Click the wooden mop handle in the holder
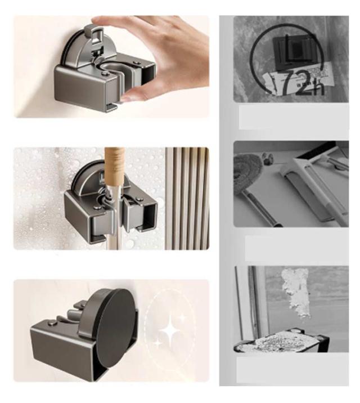tap(115, 167)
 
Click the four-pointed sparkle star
tap(169, 332)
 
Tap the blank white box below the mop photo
tap(297, 248)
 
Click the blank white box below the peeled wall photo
tap(292, 369)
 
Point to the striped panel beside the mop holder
tap(187, 198)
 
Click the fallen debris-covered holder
tap(281, 341)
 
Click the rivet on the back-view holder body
tap(53, 323)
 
